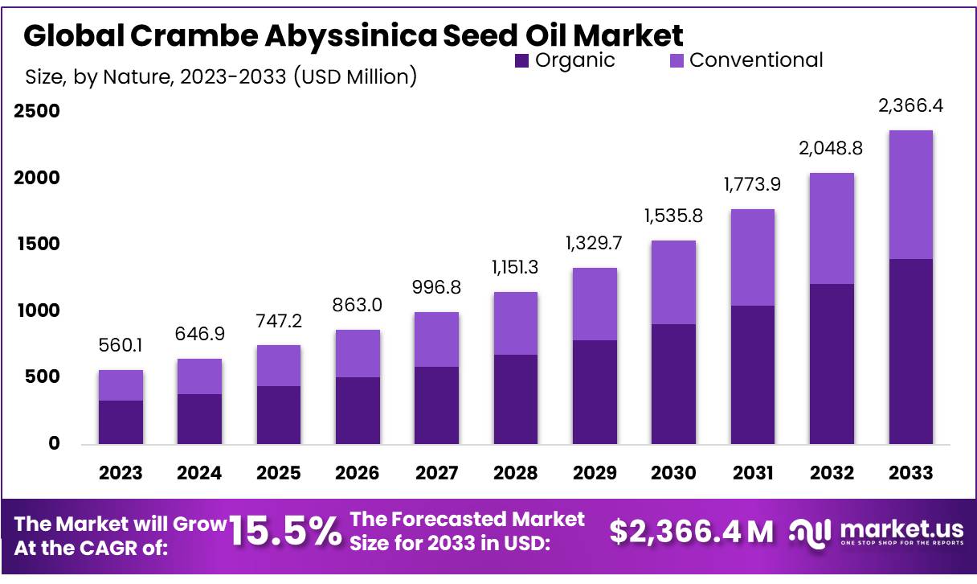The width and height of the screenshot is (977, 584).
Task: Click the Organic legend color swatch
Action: tap(522, 60)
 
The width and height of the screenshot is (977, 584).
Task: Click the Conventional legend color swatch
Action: tap(677, 60)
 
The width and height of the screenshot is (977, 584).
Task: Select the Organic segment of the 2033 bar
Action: tap(910, 351)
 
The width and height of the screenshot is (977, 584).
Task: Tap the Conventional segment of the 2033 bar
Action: tap(910, 195)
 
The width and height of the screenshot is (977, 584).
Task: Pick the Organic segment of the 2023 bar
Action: tap(121, 422)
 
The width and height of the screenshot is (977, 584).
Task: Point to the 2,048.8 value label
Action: tap(832, 148)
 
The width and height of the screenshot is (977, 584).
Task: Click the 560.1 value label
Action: tap(121, 346)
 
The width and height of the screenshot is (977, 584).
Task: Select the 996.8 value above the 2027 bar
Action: tap(437, 287)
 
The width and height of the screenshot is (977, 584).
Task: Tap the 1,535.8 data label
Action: tap(673, 216)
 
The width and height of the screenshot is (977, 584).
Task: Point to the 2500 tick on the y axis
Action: tap(38, 111)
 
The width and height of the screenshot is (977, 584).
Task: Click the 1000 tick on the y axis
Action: tap(38, 311)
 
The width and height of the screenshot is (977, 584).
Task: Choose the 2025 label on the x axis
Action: tap(279, 472)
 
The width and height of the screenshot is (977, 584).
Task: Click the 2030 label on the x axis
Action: tap(673, 472)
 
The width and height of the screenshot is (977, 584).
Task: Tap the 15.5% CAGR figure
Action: tap(285, 532)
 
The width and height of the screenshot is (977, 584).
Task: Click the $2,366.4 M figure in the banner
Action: tap(691, 532)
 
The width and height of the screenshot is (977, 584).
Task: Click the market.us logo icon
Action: tap(810, 532)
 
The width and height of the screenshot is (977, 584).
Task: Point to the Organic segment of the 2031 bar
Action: tap(753, 374)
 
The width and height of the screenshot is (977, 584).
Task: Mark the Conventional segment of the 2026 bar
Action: tap(358, 353)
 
